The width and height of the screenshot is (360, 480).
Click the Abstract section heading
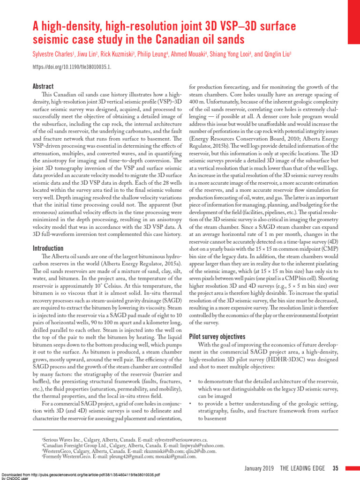pos(43,86)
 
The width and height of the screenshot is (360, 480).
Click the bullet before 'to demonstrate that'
pos(190,382)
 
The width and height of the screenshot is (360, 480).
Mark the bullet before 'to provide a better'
pos(190,404)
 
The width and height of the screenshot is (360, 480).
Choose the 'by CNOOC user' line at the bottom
pos(15,479)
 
